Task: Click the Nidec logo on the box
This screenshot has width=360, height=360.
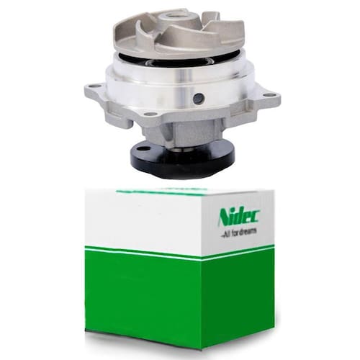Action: pos(239,217)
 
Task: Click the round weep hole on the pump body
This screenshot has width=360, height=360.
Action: pos(198,96)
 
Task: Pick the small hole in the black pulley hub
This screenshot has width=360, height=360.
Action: pos(143,149)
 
